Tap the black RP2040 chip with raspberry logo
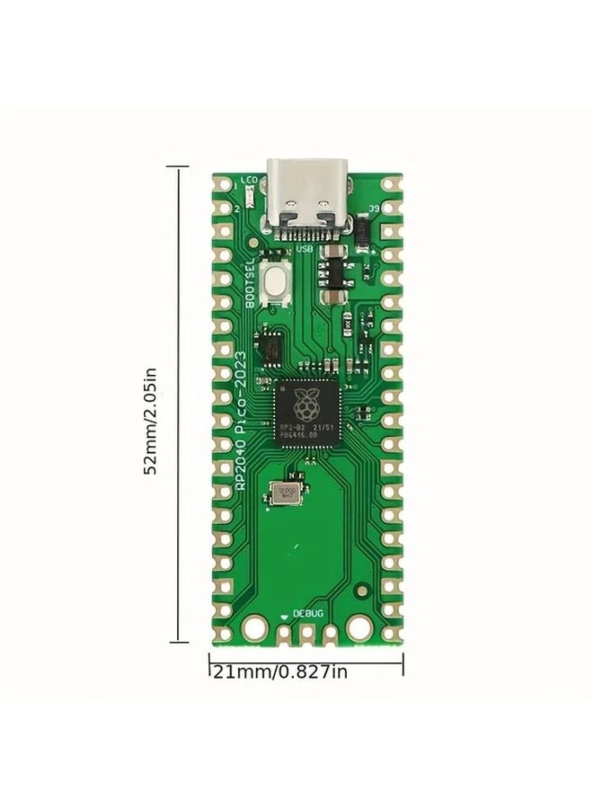coord(306,413)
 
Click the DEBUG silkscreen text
coord(308,613)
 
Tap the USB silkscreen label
coord(305,248)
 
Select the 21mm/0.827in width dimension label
coord(279,672)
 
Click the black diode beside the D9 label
coord(360,232)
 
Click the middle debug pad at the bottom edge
coord(306,636)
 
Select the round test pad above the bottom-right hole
coord(362,591)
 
